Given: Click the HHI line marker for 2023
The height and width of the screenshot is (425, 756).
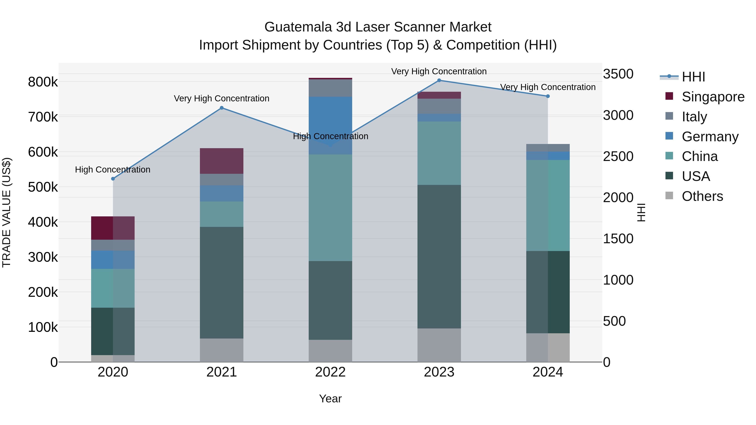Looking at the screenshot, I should pyautogui.click(x=439, y=80).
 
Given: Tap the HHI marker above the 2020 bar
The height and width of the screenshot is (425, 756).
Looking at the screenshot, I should pyautogui.click(x=113, y=179).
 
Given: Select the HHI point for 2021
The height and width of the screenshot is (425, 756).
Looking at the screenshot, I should pyautogui.click(x=222, y=108).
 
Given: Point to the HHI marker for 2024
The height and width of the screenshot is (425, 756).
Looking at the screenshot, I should pyautogui.click(x=548, y=96).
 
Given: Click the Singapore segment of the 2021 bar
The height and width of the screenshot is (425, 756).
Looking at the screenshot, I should pyautogui.click(x=222, y=161).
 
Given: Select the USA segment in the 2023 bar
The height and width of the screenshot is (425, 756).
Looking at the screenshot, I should pyautogui.click(x=439, y=257).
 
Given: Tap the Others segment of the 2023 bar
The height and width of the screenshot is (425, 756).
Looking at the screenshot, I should pyautogui.click(x=439, y=345).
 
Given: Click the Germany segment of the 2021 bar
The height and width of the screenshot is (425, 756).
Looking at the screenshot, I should pyautogui.click(x=222, y=193).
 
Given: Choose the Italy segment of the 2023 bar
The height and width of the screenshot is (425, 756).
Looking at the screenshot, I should pyautogui.click(x=439, y=106).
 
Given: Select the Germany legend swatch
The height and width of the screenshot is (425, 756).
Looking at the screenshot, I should pyautogui.click(x=669, y=136).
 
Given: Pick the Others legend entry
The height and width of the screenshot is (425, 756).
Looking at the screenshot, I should pyautogui.click(x=702, y=196).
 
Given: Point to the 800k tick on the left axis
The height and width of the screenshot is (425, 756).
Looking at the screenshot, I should pyautogui.click(x=43, y=82).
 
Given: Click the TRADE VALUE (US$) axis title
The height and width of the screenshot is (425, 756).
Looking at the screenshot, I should pyautogui.click(x=7, y=212).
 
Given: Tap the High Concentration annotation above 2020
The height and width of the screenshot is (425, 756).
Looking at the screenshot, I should pyautogui.click(x=113, y=170).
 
